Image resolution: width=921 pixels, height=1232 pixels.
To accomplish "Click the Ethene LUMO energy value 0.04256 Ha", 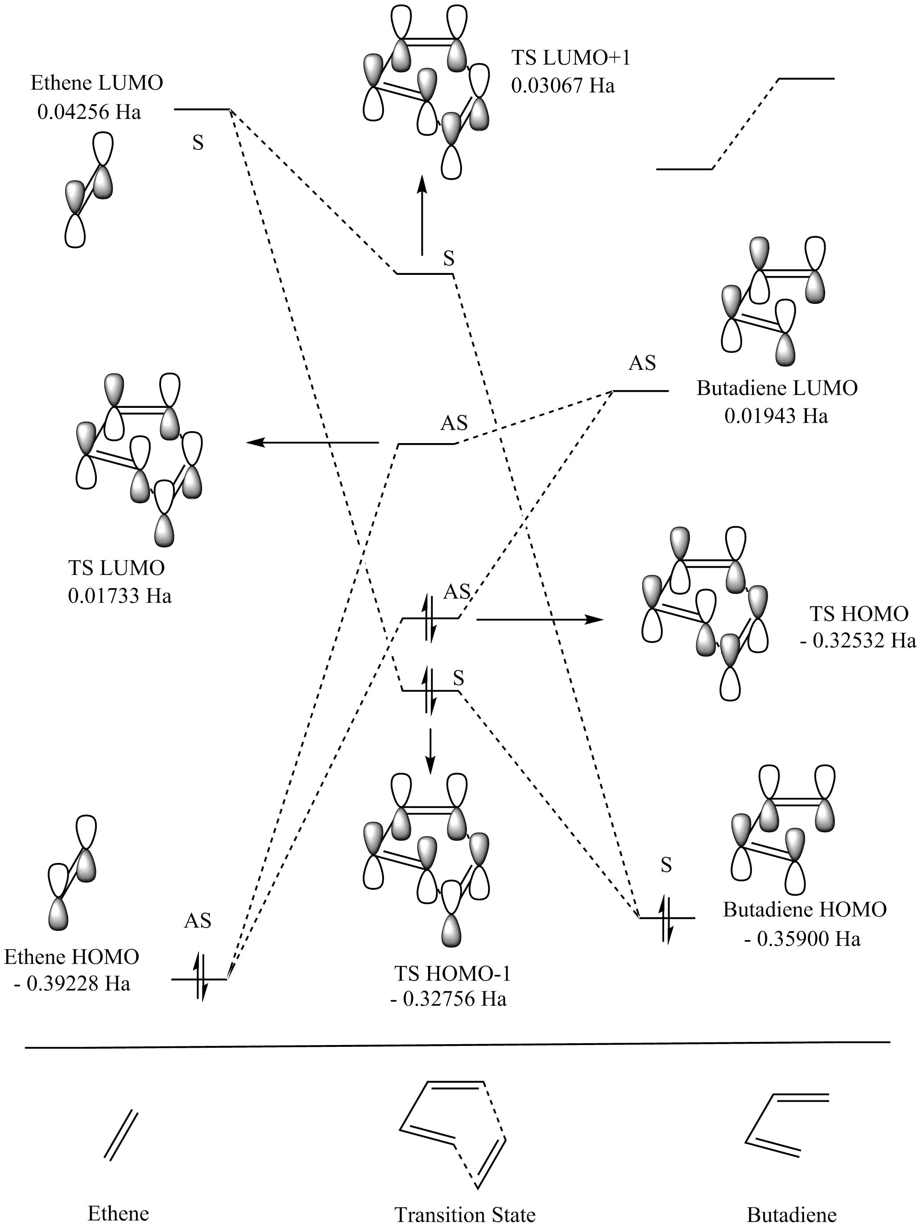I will [89, 112].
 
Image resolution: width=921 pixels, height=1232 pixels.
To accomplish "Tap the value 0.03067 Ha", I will [563, 86].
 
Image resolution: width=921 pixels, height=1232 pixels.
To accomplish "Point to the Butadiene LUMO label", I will [777, 388].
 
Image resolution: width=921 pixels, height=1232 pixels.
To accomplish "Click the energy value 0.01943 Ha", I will [776, 416].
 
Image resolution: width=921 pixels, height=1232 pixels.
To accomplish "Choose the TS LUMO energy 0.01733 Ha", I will [120, 596].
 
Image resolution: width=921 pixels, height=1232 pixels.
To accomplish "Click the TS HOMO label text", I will [859, 614].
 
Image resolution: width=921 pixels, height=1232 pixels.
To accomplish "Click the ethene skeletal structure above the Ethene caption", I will [121, 1135].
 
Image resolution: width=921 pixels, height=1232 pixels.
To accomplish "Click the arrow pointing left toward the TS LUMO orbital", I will [312, 443].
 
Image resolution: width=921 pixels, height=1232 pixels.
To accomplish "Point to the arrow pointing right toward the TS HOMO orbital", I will [540, 619].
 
